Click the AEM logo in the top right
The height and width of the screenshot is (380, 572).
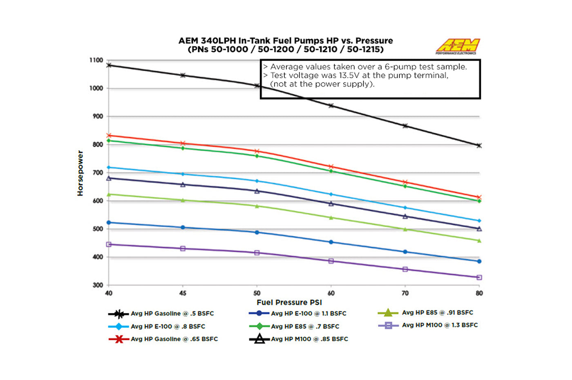point(458,46)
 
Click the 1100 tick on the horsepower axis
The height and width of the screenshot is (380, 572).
point(96,60)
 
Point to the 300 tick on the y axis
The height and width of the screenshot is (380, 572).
point(98,285)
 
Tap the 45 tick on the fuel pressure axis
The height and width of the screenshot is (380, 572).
point(183,293)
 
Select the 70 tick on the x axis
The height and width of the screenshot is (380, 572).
point(405,293)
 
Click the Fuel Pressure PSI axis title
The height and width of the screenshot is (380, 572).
point(289,302)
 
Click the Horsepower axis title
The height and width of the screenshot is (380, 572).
point(80,173)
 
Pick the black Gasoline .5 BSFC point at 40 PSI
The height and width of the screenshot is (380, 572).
point(109,65)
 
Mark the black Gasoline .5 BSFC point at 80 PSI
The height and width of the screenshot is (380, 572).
point(479,145)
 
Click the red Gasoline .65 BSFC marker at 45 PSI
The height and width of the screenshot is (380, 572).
point(183,143)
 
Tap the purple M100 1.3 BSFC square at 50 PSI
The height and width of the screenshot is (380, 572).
point(257,253)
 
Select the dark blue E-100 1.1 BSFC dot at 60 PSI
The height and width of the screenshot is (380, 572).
point(331,242)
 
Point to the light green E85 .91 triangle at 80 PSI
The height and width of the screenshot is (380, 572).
point(479,241)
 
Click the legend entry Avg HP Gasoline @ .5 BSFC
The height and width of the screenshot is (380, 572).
point(172,313)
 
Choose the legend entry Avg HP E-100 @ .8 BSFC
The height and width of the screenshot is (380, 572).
point(168,326)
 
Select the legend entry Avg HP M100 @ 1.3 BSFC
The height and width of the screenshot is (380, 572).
point(440,325)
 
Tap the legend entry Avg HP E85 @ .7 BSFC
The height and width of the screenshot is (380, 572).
point(305,326)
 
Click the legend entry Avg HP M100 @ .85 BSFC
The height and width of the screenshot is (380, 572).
point(309,339)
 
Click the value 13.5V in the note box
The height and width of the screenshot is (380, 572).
point(348,75)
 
